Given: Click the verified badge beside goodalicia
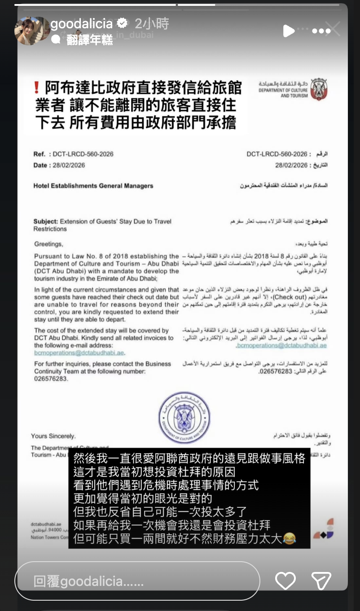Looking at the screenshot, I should click(121, 23).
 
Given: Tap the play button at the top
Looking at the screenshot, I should click(289, 31).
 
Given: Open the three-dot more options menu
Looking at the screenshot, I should click(321, 31).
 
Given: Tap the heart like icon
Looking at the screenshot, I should click(285, 580).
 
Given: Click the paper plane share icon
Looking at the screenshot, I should click(321, 580).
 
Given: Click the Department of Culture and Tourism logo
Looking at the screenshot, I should click(319, 90).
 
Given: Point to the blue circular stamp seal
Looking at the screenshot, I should click(184, 418).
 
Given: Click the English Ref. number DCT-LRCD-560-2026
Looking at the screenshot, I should click(83, 154).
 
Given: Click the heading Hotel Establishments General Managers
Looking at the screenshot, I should click(93, 186).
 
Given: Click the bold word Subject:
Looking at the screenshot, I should click(46, 221).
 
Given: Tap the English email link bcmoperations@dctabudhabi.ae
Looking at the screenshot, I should click(79, 353).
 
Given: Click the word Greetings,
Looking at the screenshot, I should click(48, 244).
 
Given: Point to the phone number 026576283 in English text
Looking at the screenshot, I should click(51, 379).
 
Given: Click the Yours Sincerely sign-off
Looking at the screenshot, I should click(53, 436).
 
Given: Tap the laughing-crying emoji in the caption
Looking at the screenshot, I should click(290, 538).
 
